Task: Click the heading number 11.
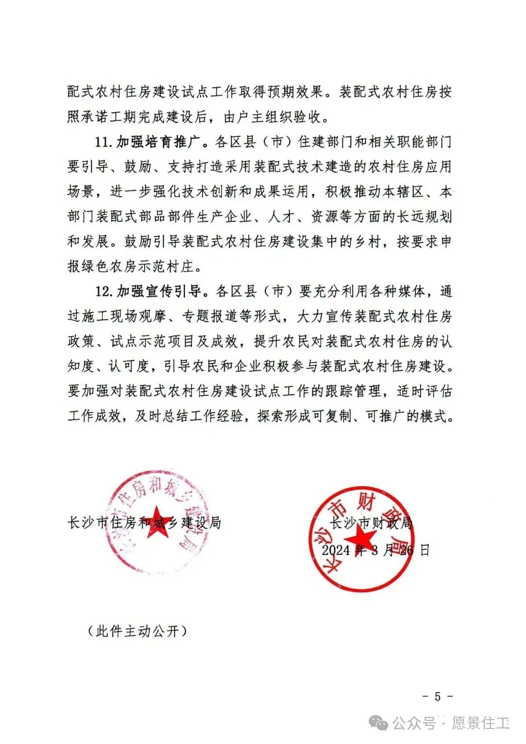(103, 142)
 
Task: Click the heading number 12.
(103, 291)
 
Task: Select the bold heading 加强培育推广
(158, 142)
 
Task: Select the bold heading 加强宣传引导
(158, 291)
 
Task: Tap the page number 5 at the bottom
(437, 696)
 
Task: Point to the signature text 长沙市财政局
(372, 523)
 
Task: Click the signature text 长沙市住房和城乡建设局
(144, 523)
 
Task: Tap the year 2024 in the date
(336, 550)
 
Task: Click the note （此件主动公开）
(137, 631)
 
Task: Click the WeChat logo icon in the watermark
(378, 723)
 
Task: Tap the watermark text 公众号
(413, 723)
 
